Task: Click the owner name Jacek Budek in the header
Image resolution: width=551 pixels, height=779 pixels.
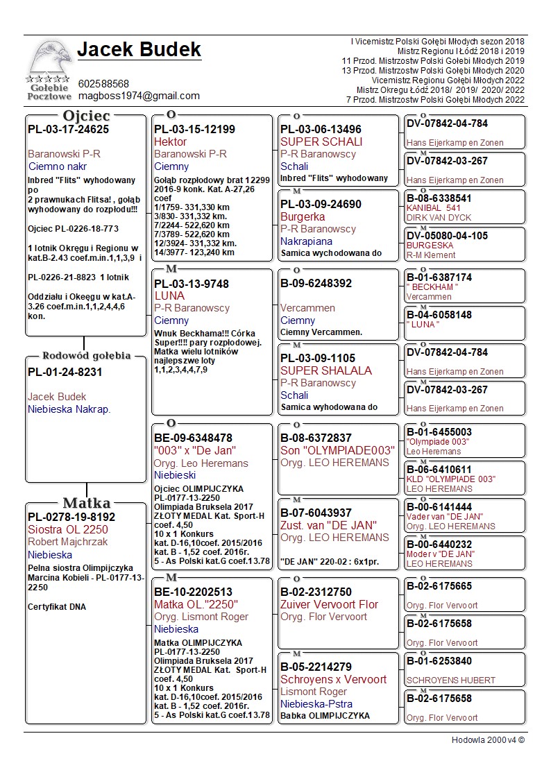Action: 139,50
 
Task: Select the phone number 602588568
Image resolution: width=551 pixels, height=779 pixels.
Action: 103,84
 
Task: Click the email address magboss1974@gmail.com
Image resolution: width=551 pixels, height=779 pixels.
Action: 139,96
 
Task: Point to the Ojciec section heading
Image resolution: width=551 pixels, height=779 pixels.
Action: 86,115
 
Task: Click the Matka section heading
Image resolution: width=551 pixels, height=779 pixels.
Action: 86,503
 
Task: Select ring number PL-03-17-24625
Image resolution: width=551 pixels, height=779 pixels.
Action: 68,129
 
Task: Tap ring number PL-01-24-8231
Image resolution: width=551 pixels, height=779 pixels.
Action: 65,372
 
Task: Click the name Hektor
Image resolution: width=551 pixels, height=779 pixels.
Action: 171,142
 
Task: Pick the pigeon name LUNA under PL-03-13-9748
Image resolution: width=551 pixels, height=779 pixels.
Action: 169,296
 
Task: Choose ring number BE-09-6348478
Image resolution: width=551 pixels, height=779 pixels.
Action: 193,438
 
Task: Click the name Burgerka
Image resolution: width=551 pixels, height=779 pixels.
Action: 303,216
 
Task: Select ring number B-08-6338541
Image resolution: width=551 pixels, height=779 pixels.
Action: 439,198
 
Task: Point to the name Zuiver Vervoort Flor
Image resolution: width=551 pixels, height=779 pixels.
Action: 329,604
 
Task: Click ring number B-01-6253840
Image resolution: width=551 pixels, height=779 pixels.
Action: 439,661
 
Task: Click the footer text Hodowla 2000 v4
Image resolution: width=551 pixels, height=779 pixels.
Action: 488,739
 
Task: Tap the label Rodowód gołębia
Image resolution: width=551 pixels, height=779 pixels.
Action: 86,356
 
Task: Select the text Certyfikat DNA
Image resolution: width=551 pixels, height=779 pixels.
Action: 57,607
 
